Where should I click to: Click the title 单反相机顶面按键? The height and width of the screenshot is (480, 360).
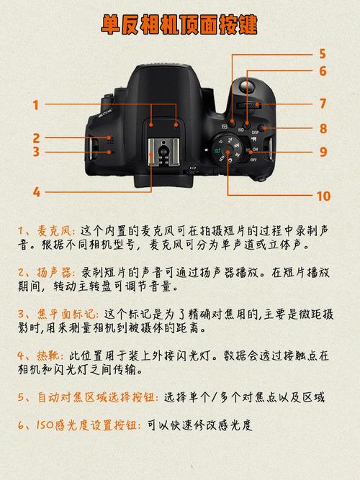(x=179, y=25)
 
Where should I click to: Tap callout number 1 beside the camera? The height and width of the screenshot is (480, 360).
(x=35, y=105)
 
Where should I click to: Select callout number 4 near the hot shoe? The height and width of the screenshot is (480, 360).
(x=35, y=192)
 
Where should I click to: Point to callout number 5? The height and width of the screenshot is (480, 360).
(x=323, y=53)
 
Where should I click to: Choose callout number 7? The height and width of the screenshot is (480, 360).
(x=323, y=104)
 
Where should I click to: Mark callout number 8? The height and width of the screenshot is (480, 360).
(x=323, y=129)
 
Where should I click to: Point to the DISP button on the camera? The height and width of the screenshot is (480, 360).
(x=266, y=130)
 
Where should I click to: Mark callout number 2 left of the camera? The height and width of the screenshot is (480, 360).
(x=35, y=137)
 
